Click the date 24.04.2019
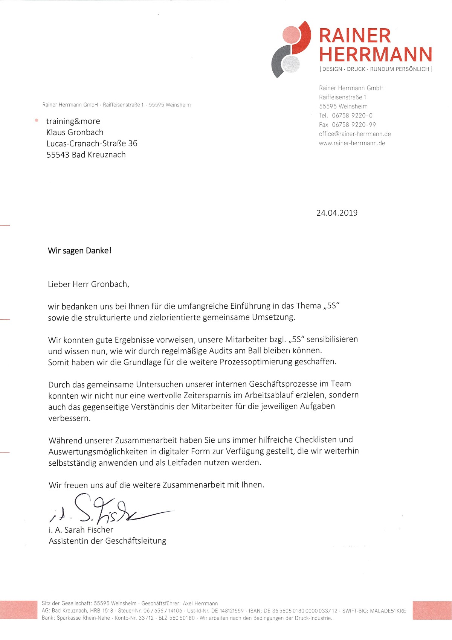[337, 213]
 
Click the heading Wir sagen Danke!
[79, 251]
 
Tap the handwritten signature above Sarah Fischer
[109, 510]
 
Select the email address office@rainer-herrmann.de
[354, 134]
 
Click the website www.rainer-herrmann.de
[352, 143]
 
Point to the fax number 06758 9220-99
[354, 125]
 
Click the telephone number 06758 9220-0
[352, 116]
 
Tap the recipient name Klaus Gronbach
[75, 133]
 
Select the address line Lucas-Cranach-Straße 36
[92, 143]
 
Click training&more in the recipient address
[73, 121]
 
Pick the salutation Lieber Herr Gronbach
[88, 285]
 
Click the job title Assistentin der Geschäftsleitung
[107, 541]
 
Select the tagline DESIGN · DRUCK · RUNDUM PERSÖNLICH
[376, 69]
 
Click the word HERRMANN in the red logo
[376, 54]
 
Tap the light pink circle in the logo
[291, 35]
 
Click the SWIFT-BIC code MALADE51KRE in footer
[388, 611]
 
